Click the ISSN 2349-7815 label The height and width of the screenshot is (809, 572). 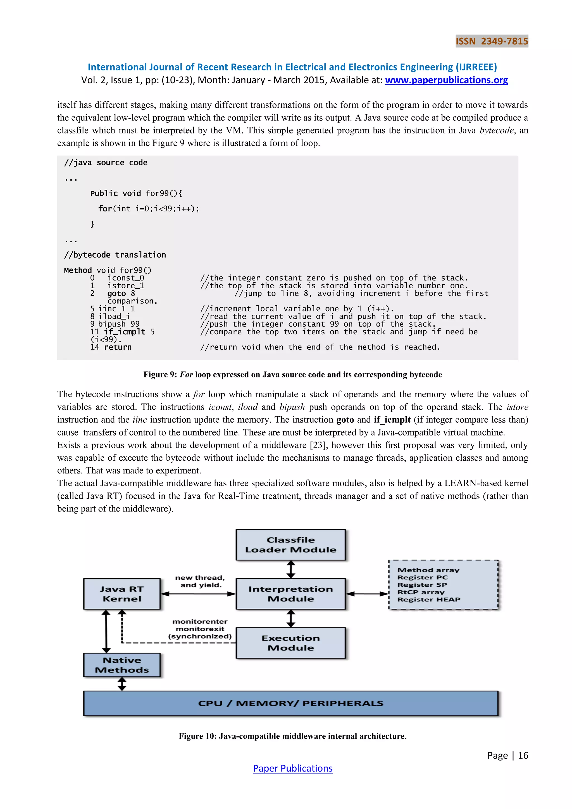click(492, 41)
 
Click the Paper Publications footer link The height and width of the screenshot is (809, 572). click(292, 768)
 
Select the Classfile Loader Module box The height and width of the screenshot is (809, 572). click(290, 545)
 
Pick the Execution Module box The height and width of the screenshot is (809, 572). click(290, 643)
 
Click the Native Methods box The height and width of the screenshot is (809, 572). click(122, 665)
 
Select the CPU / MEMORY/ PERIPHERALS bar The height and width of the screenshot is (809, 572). click(290, 703)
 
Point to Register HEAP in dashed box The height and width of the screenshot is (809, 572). click(429, 599)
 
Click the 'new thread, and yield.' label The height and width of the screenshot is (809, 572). click(200, 581)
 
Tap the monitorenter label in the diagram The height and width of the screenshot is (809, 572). click(200, 622)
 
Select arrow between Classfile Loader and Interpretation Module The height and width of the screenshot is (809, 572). click(290, 569)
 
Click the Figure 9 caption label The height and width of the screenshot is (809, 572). click(292, 374)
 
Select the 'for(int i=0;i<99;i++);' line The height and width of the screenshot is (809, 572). click(149, 209)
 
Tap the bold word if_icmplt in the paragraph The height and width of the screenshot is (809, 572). click(392, 420)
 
